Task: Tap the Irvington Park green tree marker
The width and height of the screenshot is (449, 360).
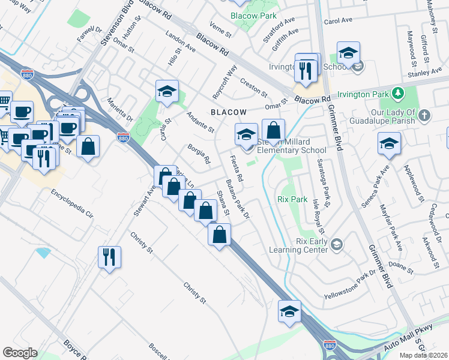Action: tap(397, 94)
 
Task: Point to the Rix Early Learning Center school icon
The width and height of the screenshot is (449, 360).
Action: tap(337, 244)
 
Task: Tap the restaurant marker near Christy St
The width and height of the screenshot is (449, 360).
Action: tap(110, 257)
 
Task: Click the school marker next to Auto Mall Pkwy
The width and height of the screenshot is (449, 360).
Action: tap(289, 311)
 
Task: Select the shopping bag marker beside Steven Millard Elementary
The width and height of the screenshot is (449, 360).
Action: tap(273, 130)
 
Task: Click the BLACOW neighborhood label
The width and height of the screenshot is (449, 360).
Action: tap(228, 112)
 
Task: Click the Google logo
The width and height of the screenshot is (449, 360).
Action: tap(20, 353)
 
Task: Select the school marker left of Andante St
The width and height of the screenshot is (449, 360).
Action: tap(167, 91)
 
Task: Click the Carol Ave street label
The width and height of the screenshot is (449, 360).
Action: tap(338, 20)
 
